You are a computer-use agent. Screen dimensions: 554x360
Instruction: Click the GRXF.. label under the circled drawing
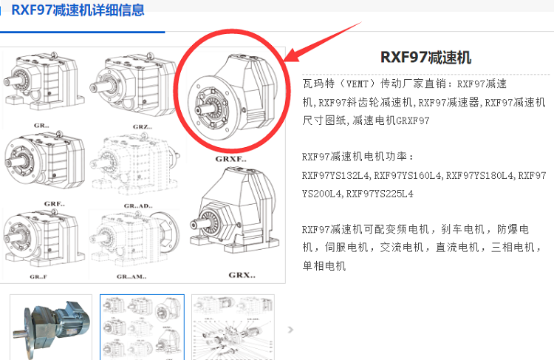[231, 159]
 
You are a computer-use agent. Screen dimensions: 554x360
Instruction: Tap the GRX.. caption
[242, 275]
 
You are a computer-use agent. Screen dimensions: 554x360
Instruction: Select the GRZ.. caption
[143, 126]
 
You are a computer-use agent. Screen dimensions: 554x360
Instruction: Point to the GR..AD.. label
[138, 206]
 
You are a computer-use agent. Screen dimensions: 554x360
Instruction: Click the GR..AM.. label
[131, 276]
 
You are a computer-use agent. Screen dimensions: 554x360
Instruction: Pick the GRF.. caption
[55, 204]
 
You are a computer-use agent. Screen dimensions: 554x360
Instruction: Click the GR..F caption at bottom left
[38, 276]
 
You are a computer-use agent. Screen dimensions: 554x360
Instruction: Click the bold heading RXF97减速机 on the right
[425, 57]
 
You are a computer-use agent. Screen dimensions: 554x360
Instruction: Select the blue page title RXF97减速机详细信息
[78, 10]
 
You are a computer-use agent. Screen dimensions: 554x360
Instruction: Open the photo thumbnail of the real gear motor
[51, 327]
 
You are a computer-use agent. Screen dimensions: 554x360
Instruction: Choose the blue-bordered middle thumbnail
[142, 327]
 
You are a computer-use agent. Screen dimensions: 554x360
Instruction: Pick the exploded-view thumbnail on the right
[233, 327]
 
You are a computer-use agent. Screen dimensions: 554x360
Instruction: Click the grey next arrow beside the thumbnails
[290, 330]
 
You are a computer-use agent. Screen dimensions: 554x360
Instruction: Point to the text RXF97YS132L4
[335, 175]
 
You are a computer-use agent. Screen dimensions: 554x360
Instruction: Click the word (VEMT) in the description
[355, 84]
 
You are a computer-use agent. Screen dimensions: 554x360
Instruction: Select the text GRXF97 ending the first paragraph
[413, 120]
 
